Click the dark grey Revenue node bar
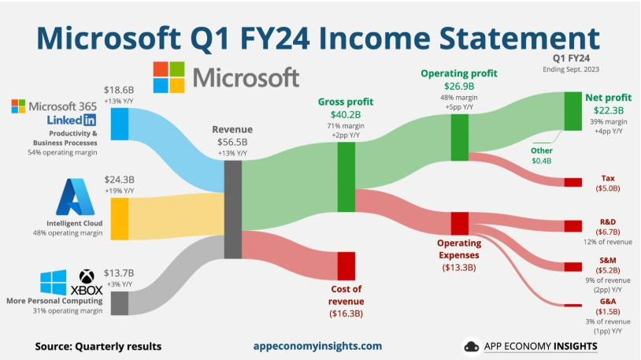[232, 210]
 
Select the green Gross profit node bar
[346, 177]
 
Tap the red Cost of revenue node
[346, 266]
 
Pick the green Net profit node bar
[572, 111]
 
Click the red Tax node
[572, 182]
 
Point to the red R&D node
[572, 226]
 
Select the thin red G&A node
[572, 305]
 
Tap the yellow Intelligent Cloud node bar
[120, 219]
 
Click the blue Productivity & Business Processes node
[120, 124]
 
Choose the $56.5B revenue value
[232, 142]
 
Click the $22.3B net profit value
[608, 110]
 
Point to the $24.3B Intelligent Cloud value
[119, 180]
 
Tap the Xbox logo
[87, 282]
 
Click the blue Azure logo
[76, 197]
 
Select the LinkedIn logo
[72, 120]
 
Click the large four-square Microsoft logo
[169, 77]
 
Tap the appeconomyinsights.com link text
[317, 346]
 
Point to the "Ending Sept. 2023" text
[571, 69]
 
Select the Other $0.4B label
[542, 156]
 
